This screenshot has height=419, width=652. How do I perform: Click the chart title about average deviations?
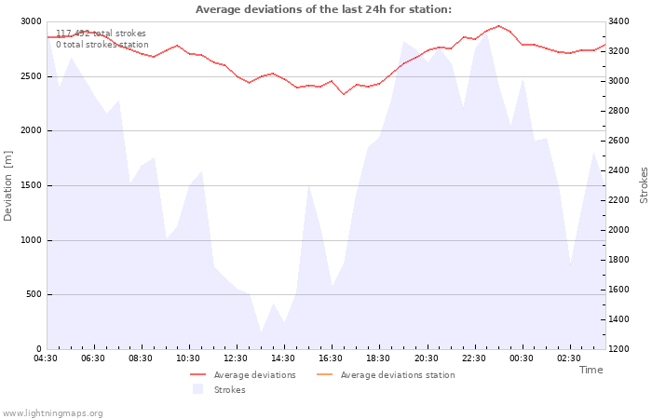(323, 9)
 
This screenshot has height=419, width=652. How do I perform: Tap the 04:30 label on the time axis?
(46, 358)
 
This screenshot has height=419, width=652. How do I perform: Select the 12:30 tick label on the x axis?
(236, 358)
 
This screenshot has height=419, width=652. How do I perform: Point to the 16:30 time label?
(331, 358)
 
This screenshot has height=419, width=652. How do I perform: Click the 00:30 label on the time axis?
(522, 358)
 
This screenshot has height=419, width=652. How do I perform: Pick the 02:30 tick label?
(569, 358)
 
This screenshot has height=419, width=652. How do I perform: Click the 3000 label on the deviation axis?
(31, 21)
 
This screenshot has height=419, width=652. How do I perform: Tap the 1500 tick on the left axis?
(31, 185)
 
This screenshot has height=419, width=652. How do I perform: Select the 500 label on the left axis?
(34, 294)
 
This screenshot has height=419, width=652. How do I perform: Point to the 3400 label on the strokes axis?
(618, 21)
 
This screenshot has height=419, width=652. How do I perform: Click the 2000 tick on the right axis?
(618, 230)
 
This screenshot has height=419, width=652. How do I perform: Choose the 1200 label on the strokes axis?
(618, 349)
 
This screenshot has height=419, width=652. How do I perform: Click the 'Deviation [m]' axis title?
(7, 186)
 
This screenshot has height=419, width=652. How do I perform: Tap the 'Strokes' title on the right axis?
(644, 185)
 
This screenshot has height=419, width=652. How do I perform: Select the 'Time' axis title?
(591, 370)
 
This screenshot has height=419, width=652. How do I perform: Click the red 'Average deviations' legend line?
(197, 375)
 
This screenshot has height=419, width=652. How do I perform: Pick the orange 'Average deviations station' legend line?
(325, 375)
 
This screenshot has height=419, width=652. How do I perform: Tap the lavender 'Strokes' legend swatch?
(197, 389)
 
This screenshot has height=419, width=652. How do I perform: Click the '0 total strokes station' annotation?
(102, 45)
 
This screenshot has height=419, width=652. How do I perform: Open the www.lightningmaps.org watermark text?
(52, 413)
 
